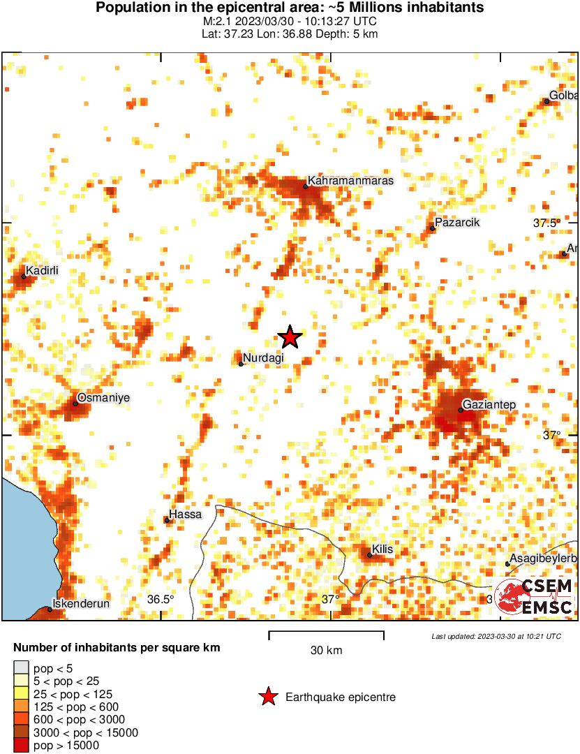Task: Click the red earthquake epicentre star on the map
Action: [290, 337]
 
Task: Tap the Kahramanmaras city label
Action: [351, 180]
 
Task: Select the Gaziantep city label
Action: [490, 404]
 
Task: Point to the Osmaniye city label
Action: [103, 397]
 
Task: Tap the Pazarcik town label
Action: [457, 223]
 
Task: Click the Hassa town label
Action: [186, 515]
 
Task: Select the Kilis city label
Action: [382, 549]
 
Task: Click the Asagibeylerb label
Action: [542, 559]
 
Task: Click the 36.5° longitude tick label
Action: [160, 599]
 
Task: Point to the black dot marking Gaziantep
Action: [461, 410]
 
